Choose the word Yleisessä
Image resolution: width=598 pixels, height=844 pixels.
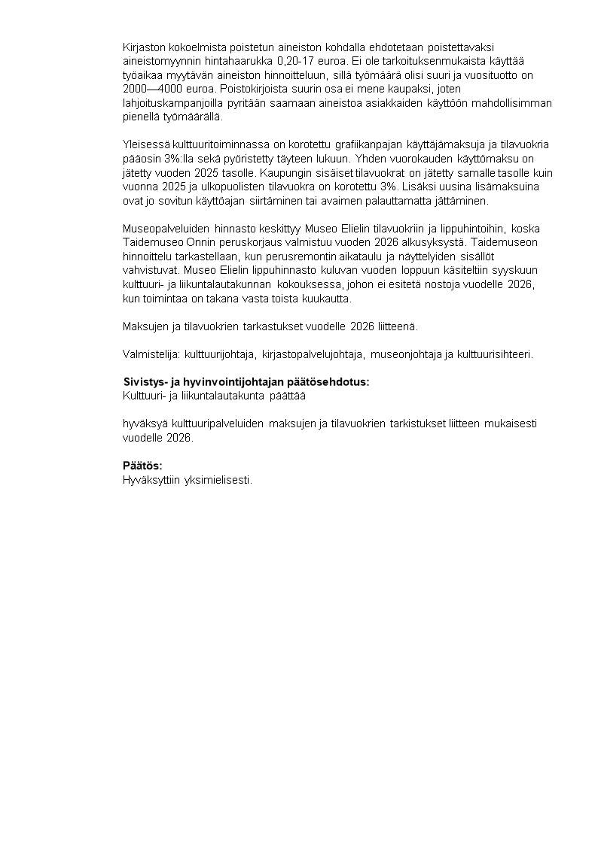[x=146, y=144]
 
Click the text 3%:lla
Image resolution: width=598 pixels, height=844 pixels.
[x=174, y=158]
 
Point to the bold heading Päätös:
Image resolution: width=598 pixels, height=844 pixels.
[x=143, y=466]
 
